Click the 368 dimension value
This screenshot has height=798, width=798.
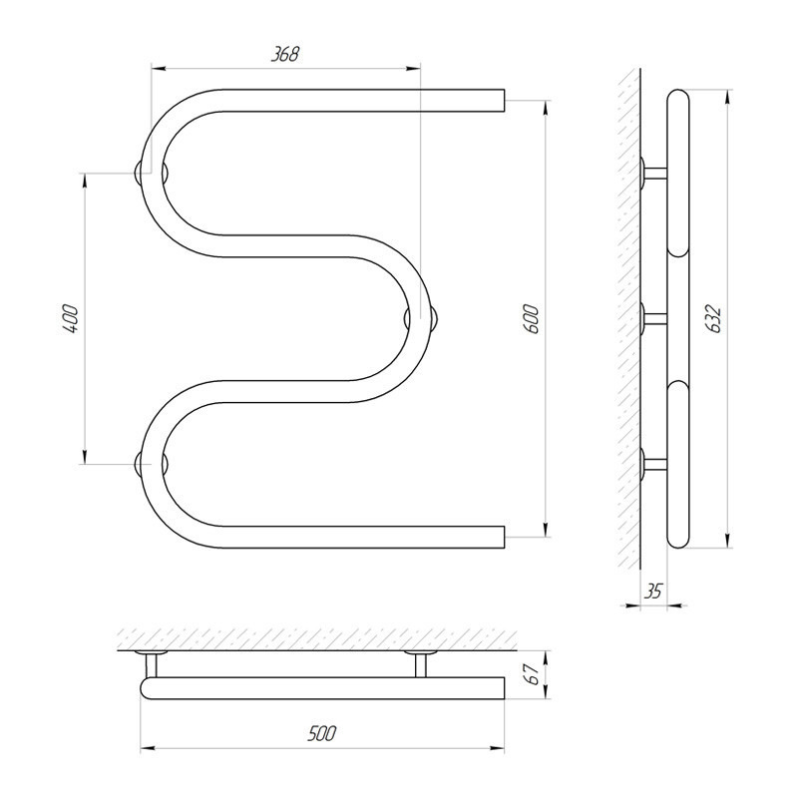coord(284,54)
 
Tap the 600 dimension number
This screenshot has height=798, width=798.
coord(531,319)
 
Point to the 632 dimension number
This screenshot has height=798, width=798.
coord(714,319)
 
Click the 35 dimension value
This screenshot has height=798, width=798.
coord(653,592)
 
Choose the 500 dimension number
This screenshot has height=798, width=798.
coord(321,733)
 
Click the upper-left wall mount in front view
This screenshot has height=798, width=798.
coord(152,173)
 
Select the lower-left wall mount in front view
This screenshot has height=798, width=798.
coord(152,464)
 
